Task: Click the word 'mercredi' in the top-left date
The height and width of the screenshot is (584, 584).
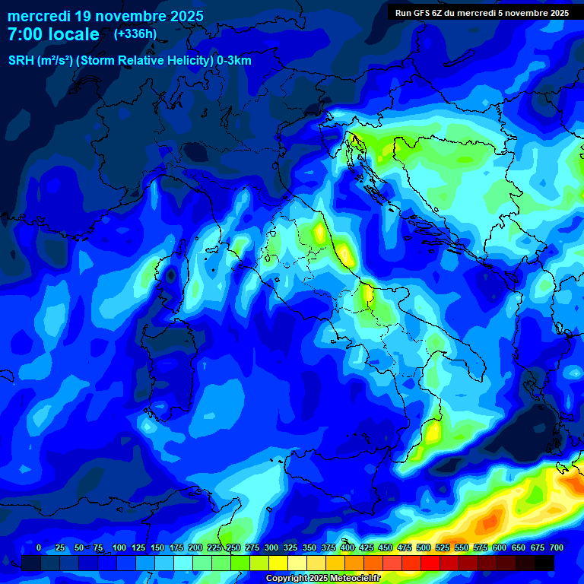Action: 36,16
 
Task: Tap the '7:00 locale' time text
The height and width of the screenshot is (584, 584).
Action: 53,34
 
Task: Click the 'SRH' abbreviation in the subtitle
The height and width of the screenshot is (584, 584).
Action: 22,61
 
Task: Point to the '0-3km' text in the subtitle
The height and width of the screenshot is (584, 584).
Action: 233,61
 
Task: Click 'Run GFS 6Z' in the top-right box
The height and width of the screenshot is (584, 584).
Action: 423,13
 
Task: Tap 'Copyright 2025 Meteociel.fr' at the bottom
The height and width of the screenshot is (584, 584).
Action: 322,579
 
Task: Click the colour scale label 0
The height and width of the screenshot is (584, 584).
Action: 39,548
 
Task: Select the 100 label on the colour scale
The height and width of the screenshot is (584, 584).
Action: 119,548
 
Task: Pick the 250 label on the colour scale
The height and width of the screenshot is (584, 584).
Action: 233,548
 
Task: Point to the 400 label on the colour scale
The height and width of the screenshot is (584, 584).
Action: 348,548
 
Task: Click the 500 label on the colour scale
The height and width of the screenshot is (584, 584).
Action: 424,548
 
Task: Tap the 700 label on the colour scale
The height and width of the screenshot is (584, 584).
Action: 556,548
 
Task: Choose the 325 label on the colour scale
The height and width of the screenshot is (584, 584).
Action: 290,548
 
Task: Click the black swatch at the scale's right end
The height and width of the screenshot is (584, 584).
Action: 544,563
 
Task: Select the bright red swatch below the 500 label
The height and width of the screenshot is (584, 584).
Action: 430,563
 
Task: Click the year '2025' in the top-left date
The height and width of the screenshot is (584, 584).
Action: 186,16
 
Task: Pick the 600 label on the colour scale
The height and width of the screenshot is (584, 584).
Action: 500,548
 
